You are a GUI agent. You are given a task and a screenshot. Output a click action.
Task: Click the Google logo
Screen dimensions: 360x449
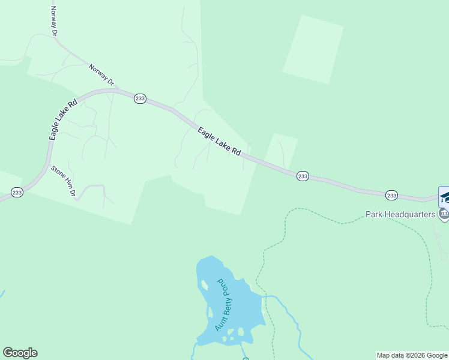click(20, 353)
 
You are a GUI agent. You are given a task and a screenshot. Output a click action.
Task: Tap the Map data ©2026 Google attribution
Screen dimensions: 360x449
click(412, 355)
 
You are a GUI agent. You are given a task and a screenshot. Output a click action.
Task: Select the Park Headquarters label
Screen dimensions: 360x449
click(400, 214)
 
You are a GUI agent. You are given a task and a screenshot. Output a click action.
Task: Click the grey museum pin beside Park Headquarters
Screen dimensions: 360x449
click(444, 214)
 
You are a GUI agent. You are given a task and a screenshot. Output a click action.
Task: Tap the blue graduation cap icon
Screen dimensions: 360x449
click(444, 197)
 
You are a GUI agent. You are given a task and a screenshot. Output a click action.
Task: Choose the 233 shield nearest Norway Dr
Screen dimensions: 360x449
click(140, 98)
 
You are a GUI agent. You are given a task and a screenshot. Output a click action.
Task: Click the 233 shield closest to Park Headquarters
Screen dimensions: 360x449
click(391, 195)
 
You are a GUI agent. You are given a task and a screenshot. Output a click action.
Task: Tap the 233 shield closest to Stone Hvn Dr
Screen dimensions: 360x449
click(17, 193)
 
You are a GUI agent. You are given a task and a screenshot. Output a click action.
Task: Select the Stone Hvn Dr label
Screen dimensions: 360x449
click(63, 181)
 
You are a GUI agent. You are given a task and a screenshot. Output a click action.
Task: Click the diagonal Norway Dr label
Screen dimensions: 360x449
click(101, 74)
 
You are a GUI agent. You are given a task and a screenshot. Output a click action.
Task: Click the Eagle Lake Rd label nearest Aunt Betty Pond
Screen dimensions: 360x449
click(219, 142)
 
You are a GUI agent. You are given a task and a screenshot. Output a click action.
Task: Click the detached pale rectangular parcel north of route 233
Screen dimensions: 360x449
click(313, 49)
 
